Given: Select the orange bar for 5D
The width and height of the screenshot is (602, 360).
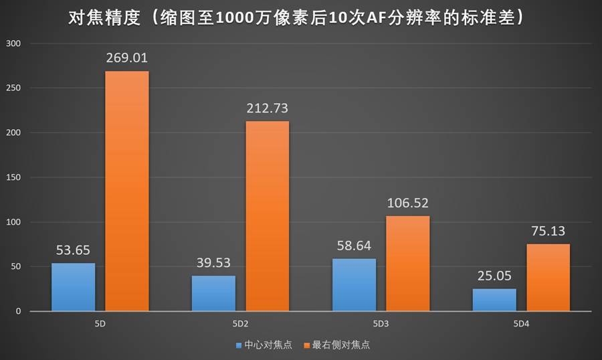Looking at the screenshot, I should (127, 191).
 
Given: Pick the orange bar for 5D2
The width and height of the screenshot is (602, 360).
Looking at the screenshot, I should (268, 215).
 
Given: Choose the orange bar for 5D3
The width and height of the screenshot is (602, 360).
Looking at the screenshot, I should (407, 263).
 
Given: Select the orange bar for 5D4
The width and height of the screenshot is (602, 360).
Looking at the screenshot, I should (548, 277).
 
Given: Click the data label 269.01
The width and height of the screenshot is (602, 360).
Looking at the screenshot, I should (127, 58).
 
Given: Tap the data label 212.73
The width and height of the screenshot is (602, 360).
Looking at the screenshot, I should (268, 108).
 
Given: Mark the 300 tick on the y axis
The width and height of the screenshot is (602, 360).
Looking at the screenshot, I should (14, 43).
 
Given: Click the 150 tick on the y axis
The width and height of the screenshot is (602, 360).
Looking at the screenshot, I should (14, 177).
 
